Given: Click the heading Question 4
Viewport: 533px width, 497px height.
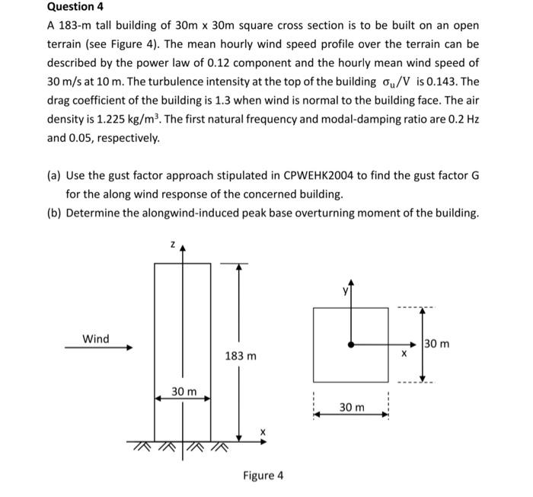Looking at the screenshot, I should [75, 7].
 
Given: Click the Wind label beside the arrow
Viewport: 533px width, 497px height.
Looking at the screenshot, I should [96, 338].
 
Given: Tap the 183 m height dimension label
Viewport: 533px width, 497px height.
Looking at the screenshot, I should [241, 356].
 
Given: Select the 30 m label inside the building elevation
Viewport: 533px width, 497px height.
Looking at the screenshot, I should [184, 391].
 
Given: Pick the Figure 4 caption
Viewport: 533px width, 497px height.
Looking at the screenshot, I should [263, 476].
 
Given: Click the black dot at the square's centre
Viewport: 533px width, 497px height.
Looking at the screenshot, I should [350, 345].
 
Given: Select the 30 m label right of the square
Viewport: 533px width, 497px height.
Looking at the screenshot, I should [437, 344].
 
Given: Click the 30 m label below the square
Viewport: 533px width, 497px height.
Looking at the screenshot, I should [352, 408].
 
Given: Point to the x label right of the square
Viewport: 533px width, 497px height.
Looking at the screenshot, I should [406, 355].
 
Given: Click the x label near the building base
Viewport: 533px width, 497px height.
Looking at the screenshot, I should [263, 431].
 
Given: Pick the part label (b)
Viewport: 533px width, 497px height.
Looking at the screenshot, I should [56, 212].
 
